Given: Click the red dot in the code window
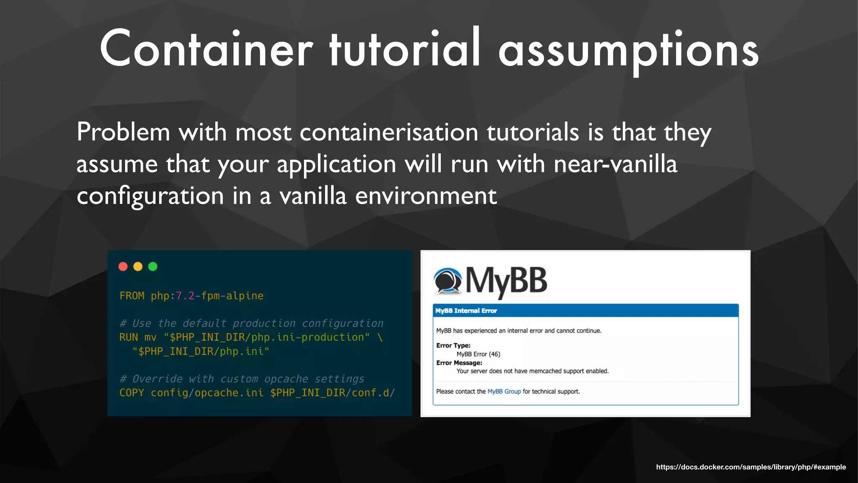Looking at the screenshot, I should [x=123, y=267].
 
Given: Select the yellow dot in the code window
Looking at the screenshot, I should [x=138, y=267].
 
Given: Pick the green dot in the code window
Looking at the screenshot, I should [x=153, y=267].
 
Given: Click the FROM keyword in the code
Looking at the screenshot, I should [x=132, y=296].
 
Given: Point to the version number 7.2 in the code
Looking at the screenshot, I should [x=185, y=296].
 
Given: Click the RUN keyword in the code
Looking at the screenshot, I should [x=129, y=338].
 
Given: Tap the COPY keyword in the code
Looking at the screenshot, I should [x=132, y=393].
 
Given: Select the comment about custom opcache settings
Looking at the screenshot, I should [x=242, y=379].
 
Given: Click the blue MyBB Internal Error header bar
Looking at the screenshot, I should [x=585, y=311].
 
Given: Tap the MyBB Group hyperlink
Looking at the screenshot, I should [x=504, y=392].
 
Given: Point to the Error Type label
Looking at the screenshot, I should [x=453, y=345].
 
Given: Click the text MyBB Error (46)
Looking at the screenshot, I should [x=478, y=354].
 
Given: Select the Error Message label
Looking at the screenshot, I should [x=459, y=363].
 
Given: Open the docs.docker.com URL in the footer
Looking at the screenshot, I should [x=751, y=467].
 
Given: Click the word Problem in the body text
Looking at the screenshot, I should [x=123, y=132].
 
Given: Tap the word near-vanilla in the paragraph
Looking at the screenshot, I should [x=615, y=164].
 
